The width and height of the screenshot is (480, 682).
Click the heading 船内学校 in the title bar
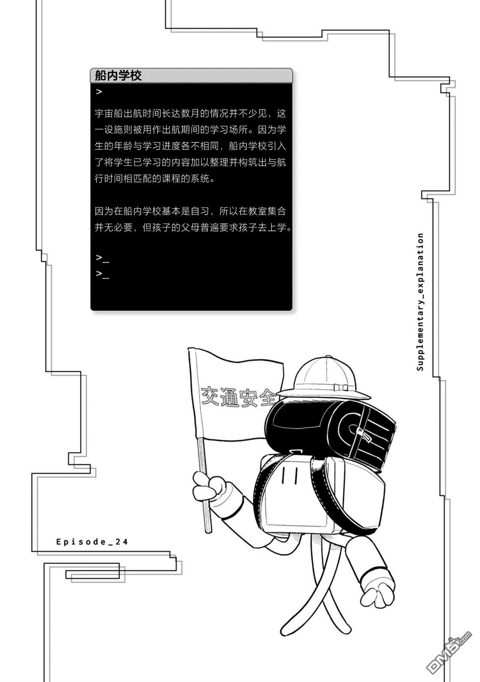(x=118, y=75)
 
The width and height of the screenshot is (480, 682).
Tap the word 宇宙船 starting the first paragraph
(x=109, y=113)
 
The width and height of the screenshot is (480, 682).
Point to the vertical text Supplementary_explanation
(x=420, y=302)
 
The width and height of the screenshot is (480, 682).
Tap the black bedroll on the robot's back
(x=330, y=431)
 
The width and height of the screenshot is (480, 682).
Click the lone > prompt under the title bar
(x=99, y=91)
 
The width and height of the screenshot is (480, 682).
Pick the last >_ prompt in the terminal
(x=102, y=274)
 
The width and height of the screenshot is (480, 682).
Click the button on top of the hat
(x=328, y=357)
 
